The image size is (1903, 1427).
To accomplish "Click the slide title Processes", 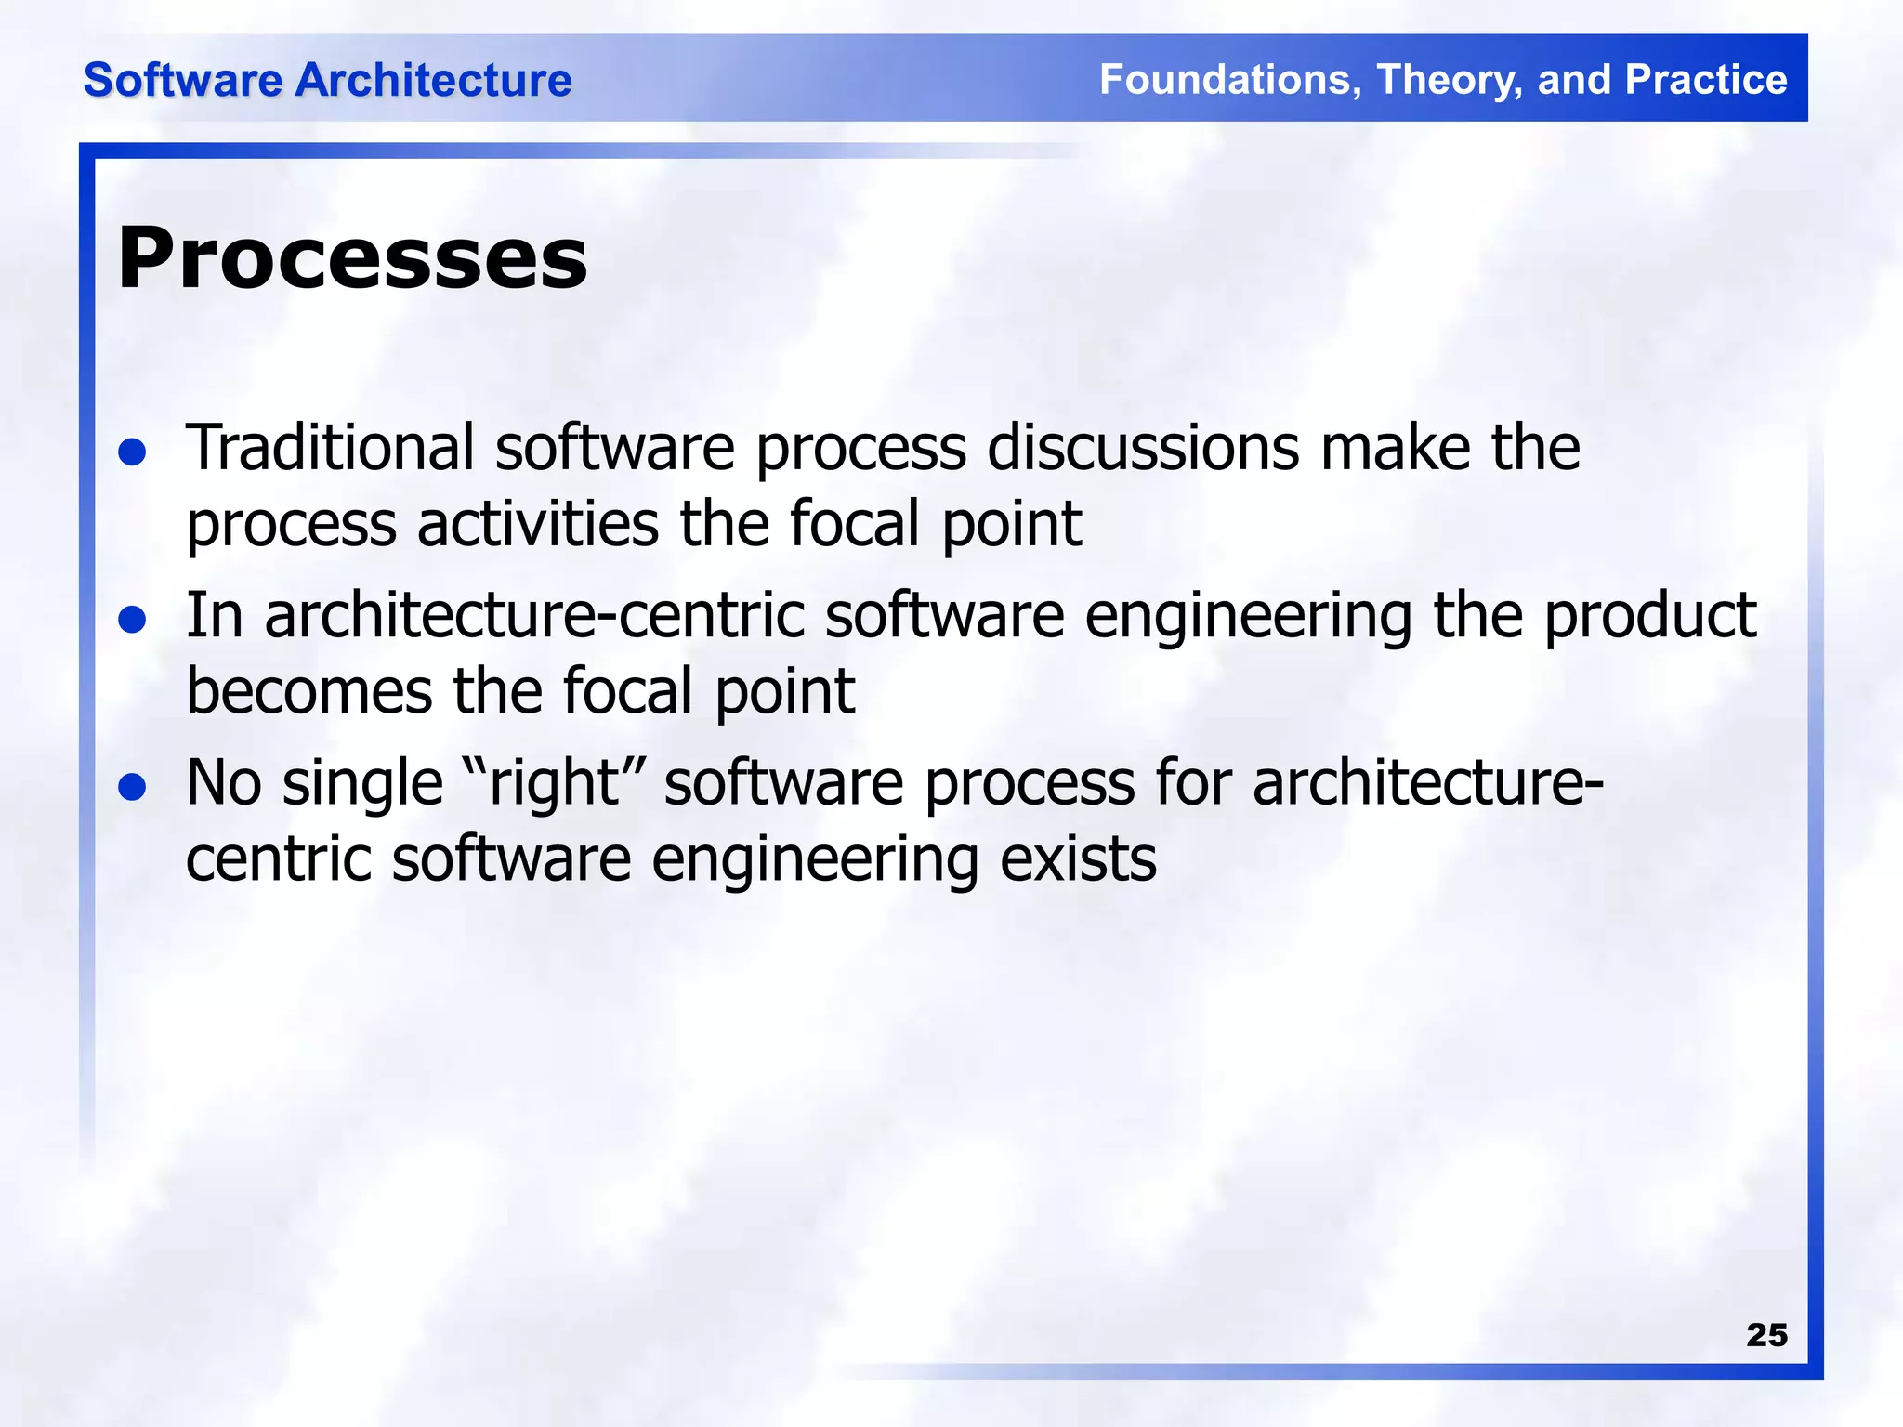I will (x=352, y=258).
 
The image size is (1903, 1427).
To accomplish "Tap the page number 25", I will (x=1766, y=1335).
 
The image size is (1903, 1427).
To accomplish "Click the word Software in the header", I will (x=182, y=80).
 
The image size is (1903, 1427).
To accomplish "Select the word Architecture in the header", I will (x=433, y=80).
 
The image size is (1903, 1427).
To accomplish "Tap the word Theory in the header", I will (x=1450, y=80).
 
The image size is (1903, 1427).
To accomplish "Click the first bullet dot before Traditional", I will (x=133, y=452).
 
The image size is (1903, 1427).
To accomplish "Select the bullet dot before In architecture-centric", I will (x=133, y=620).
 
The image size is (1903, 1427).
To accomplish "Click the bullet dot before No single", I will (x=133, y=787).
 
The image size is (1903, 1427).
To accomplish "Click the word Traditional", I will (x=331, y=448).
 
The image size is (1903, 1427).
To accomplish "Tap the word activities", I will (x=538, y=524).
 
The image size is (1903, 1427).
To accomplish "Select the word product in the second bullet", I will (x=1649, y=617).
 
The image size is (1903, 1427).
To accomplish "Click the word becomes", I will (x=309, y=691).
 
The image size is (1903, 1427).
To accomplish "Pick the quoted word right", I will (x=555, y=784).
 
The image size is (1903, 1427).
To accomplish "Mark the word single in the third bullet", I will (x=362, y=784).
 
